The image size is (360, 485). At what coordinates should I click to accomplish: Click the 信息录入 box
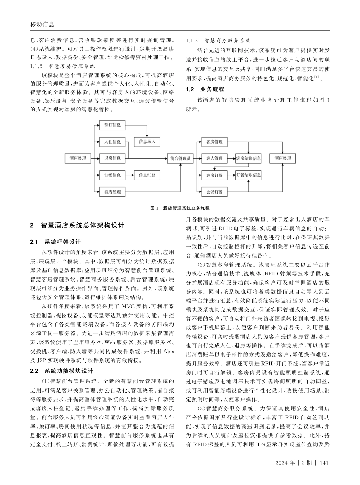click(x=147, y=142)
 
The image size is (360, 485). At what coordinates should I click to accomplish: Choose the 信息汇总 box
click(x=147, y=175)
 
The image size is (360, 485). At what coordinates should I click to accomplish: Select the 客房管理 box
click(x=214, y=142)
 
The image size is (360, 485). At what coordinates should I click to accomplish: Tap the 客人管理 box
click(x=214, y=158)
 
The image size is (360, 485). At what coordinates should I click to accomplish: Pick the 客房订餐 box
click(x=214, y=175)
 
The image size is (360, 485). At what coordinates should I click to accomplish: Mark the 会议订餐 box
click(x=214, y=192)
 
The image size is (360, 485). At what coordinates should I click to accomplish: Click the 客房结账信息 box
click(x=248, y=158)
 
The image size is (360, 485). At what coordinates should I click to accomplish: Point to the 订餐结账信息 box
click(x=248, y=175)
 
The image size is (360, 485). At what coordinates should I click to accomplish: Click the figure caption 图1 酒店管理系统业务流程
click(x=180, y=208)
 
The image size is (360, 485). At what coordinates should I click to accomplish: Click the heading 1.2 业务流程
click(x=205, y=90)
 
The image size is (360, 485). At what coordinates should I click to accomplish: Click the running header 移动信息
click(x=42, y=24)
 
